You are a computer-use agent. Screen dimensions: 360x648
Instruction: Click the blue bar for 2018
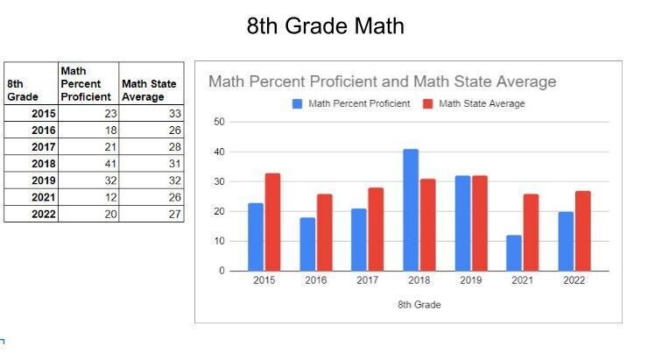411,210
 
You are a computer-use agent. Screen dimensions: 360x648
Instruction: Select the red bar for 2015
272,222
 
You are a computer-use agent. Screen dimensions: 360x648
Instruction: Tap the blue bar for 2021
514,253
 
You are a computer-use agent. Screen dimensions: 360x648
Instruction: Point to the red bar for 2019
480,223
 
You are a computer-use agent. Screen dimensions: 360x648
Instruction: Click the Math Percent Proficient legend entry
351,103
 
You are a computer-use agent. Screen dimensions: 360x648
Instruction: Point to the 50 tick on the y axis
219,122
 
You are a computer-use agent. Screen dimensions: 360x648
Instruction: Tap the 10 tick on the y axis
219,241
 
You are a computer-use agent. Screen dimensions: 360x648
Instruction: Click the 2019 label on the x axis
471,282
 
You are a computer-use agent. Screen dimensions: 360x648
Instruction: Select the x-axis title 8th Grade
419,305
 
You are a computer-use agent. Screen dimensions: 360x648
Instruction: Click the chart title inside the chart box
382,82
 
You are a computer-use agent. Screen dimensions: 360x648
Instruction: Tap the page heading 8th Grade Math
325,26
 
